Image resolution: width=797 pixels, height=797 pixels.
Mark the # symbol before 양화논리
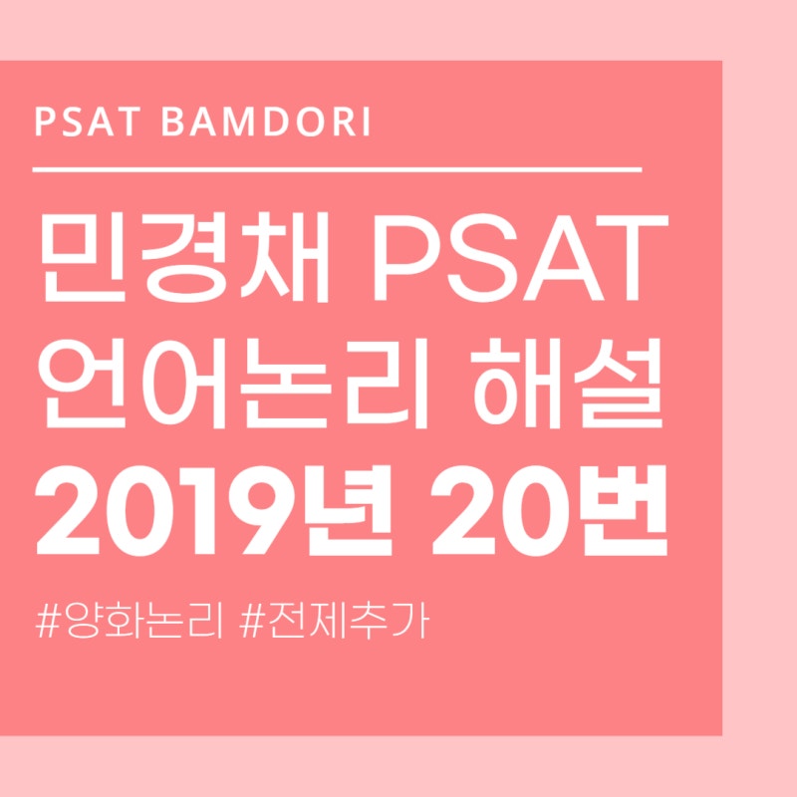pos(46,622)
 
